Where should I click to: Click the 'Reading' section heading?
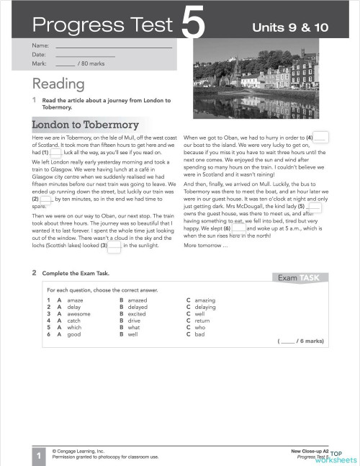[58, 83]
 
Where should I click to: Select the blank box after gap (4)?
[322, 137]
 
